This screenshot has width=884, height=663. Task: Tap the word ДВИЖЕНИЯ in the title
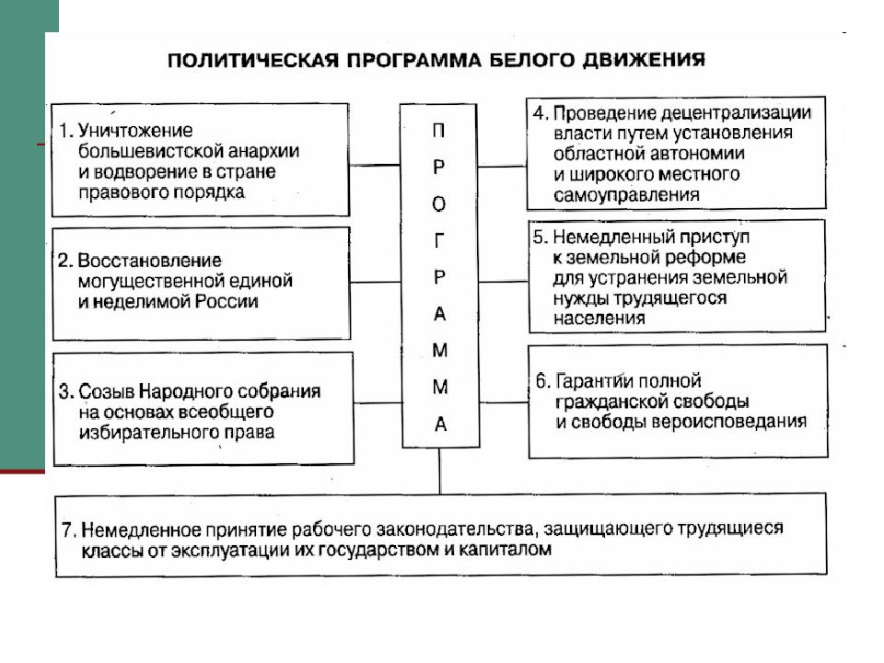click(644, 60)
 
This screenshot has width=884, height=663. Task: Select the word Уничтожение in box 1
click(135, 131)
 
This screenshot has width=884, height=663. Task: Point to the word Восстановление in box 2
click(149, 261)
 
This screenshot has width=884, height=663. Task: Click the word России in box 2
click(227, 302)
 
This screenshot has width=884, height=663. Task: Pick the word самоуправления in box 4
click(626, 195)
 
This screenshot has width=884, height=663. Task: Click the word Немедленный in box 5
click(613, 238)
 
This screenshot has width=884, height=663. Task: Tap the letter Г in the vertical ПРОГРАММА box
click(440, 241)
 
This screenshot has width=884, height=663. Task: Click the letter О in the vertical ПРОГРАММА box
click(439, 204)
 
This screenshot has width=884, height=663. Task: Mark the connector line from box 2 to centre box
click(376, 282)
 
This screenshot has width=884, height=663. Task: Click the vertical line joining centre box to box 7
click(440, 471)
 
